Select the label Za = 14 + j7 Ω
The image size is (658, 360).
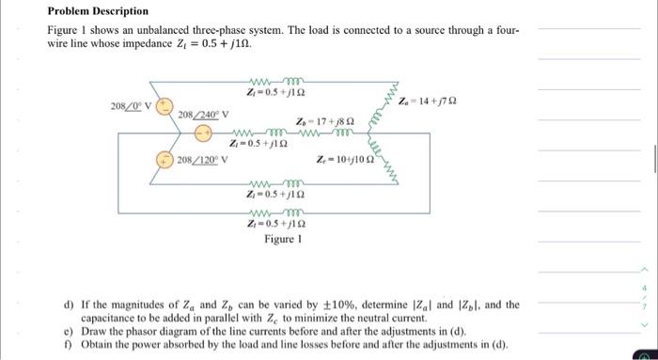coord(428,102)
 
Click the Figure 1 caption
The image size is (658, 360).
coord(281,240)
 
